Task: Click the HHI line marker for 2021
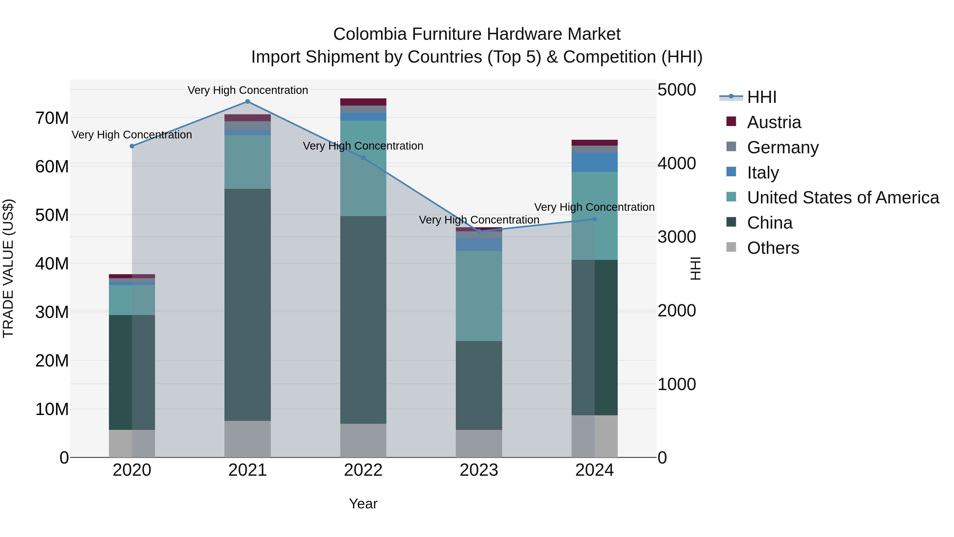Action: [248, 102]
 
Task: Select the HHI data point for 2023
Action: [479, 231]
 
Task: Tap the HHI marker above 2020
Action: [132, 146]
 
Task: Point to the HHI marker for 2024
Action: [594, 219]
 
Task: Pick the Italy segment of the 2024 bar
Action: [594, 162]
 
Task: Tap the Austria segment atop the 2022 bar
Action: [363, 102]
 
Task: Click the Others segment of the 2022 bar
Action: [363, 440]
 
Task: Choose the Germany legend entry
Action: [783, 147]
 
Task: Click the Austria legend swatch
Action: [731, 121]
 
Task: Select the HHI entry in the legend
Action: [761, 97]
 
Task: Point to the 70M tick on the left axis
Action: [52, 118]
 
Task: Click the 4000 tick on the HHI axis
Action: [677, 163]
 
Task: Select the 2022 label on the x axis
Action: [363, 470]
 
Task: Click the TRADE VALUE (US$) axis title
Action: [8, 268]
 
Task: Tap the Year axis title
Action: [363, 504]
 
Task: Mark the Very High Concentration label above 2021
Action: [248, 90]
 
